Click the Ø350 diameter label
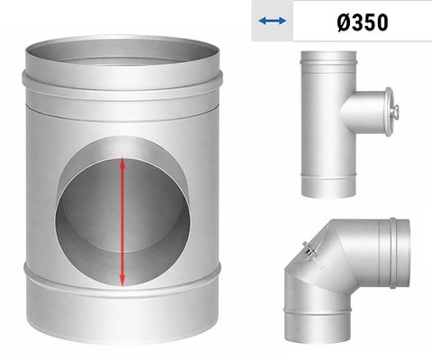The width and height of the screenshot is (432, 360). coord(363,22)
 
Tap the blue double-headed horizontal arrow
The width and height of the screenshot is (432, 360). coord(273,21)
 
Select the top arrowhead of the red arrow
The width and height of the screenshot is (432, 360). coord(122,163)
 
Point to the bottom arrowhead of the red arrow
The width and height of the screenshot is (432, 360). coord(122,281)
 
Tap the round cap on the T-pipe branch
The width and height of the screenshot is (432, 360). coord(389,112)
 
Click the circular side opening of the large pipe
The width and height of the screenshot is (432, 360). coord(122,211)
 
